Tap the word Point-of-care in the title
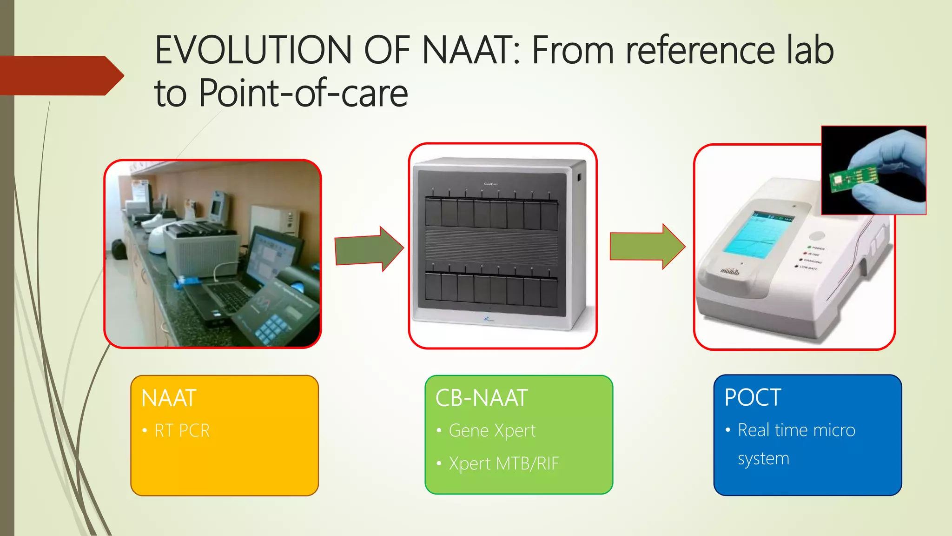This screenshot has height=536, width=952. click(304, 93)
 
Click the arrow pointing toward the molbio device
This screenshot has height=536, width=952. click(647, 247)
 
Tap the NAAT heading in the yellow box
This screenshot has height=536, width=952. click(169, 398)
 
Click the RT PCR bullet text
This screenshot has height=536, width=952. click(182, 431)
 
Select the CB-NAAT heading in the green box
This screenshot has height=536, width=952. click(481, 398)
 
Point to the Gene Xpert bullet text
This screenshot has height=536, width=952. click(492, 431)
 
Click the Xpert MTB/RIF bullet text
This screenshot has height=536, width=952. click(503, 464)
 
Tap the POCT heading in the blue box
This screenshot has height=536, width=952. click(753, 398)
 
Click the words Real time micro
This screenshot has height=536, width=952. click(796, 430)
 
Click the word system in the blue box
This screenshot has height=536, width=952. click(763, 459)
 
